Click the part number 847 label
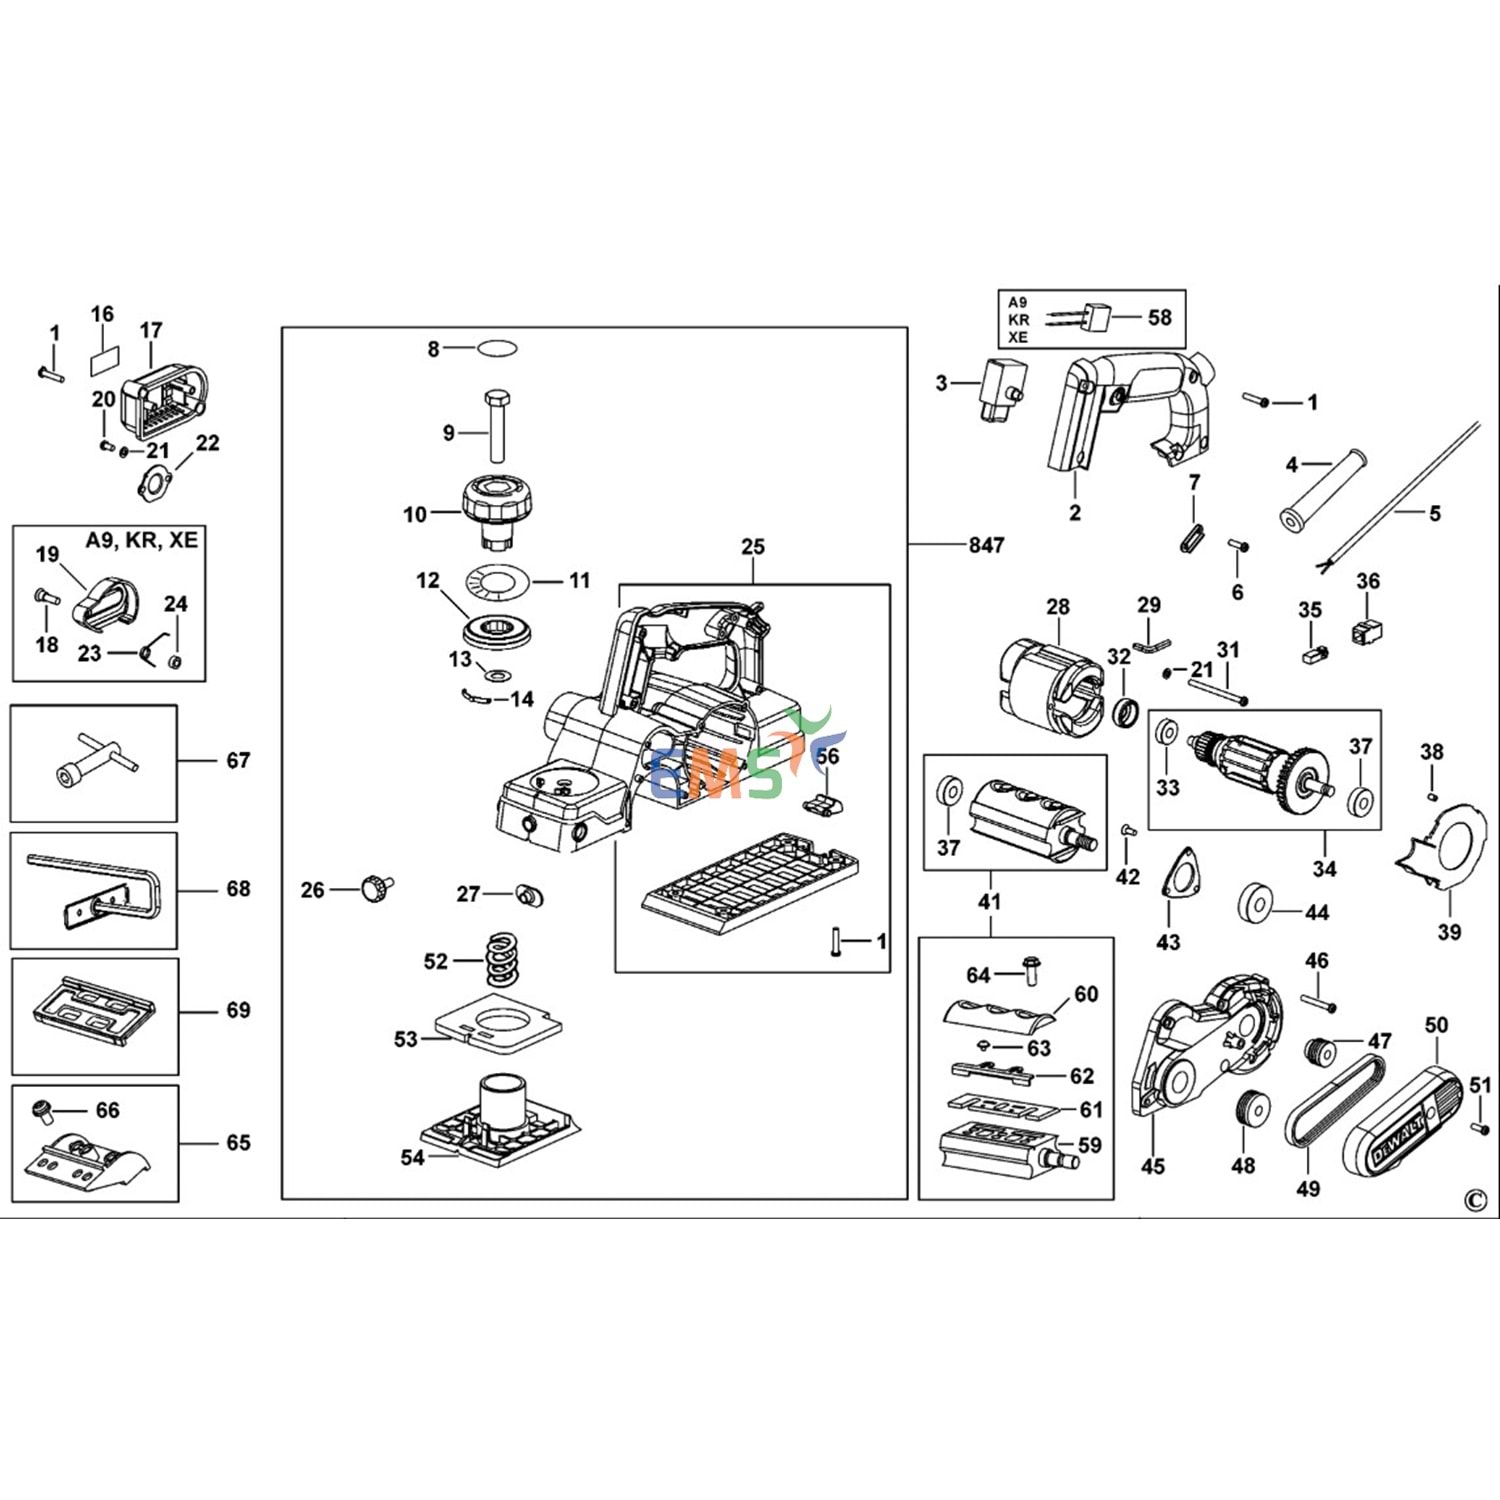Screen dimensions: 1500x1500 (986, 545)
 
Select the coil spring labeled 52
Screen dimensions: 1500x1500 (503, 959)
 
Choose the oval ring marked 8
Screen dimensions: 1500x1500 (497, 348)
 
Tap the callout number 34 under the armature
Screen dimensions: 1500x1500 (1324, 868)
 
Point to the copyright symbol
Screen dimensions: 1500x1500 (1475, 1201)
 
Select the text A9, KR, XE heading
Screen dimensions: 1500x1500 (142, 540)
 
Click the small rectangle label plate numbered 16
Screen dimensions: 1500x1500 (105, 356)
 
